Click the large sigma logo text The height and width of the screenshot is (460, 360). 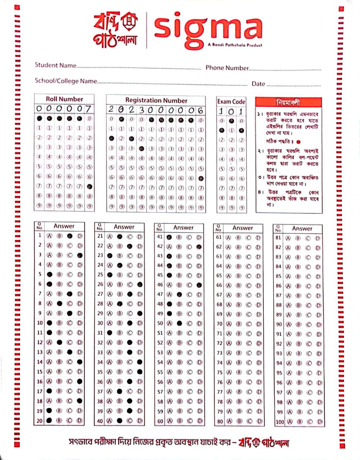point(208,29)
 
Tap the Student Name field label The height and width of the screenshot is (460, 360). point(55,65)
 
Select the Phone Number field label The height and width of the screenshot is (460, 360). point(227,68)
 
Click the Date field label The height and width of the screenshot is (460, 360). point(258,84)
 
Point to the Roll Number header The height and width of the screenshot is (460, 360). point(64,99)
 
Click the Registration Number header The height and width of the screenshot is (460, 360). point(156,100)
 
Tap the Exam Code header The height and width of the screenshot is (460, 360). point(231,102)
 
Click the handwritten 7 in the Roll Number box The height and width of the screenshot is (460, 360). point(88,109)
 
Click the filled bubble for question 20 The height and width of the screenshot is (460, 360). point(50,420)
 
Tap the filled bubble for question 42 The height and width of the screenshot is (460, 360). point(199,247)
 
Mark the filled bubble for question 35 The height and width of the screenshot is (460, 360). point(140,372)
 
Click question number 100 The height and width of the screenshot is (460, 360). point(280,422)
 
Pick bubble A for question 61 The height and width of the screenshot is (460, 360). point(228,238)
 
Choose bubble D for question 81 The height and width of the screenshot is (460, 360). point(318,238)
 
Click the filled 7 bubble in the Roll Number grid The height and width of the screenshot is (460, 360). point(89,187)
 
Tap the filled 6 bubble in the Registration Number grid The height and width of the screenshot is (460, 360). point(201,178)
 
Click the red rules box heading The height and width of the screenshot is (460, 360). point(288,102)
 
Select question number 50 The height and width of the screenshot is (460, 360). point(160,323)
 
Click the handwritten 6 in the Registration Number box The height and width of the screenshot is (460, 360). point(200,110)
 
